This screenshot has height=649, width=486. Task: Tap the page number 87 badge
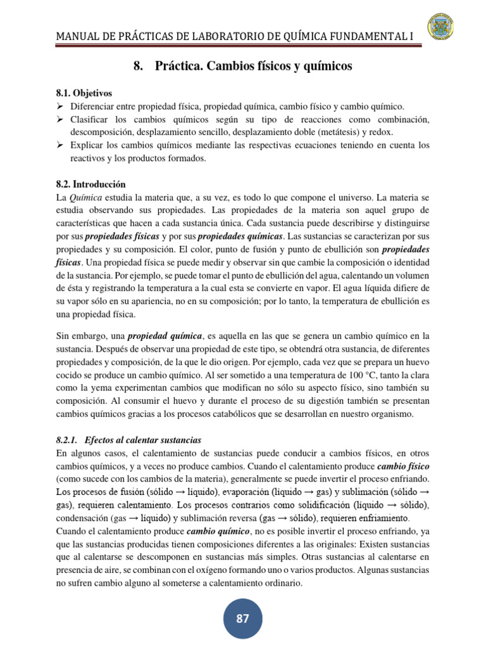tap(243, 619)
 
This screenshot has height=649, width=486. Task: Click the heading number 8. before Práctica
tap(139, 66)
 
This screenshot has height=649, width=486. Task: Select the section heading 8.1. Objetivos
tap(84, 93)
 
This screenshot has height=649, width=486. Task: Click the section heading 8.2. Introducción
tap(91, 184)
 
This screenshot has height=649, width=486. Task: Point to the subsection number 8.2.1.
tap(66, 440)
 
